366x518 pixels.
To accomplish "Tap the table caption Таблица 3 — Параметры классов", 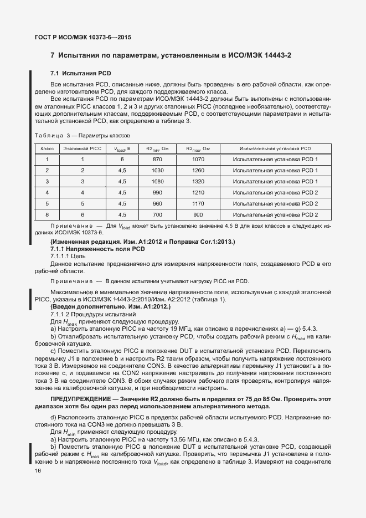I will [x=82, y=136].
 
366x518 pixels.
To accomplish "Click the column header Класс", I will [x=47, y=149].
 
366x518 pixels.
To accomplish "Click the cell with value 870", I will [x=157, y=160].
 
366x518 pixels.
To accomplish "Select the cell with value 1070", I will [x=198, y=160].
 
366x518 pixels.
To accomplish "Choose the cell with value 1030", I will [x=157, y=171].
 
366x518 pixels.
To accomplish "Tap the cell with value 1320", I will [x=198, y=182].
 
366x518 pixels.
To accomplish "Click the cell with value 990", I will [x=157, y=193].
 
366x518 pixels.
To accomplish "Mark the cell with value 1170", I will [x=198, y=204].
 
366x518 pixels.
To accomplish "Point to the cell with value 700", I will [x=157, y=215].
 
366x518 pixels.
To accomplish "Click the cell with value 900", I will [x=198, y=215].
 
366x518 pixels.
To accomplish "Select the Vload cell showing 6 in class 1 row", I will [x=122, y=160].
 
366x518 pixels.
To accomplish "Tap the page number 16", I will [x=38, y=470].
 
